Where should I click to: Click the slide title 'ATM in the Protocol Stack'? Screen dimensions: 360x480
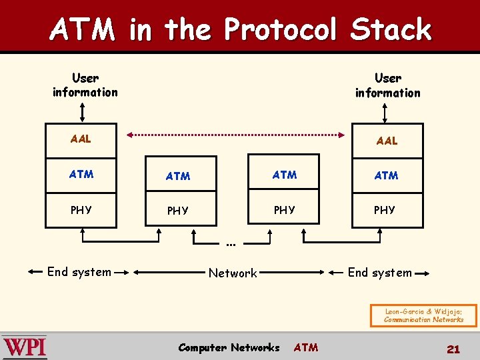pyautogui.click(x=240, y=29)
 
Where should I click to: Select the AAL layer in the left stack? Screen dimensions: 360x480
pyautogui.click(x=81, y=139)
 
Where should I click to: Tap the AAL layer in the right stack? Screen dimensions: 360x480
pyautogui.click(x=387, y=141)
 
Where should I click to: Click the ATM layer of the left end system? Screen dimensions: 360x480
pyautogui.click(x=81, y=175)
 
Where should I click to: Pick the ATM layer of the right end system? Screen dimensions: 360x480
pyautogui.click(x=387, y=175)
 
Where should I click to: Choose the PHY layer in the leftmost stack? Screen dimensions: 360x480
pyautogui.click(x=81, y=210)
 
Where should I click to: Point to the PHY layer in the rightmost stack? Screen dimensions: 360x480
pyautogui.click(x=385, y=210)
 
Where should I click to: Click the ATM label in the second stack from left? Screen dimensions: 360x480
pyautogui.click(x=178, y=176)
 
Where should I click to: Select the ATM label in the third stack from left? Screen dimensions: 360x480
pyautogui.click(x=285, y=175)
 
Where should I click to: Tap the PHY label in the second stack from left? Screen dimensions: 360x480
pyautogui.click(x=178, y=211)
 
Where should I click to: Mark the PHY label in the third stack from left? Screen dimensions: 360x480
pyautogui.click(x=285, y=210)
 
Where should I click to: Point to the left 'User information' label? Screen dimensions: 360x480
pyautogui.click(x=85, y=85)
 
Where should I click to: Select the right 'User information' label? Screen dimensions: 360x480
pyautogui.click(x=388, y=86)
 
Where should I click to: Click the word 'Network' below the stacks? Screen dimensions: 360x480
pyautogui.click(x=233, y=273)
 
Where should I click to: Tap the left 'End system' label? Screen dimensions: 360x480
pyautogui.click(x=79, y=272)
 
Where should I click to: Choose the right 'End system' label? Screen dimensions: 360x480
pyautogui.click(x=380, y=272)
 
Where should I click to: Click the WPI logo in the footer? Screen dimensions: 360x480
pyautogui.click(x=25, y=347)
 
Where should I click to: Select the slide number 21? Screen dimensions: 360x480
pyautogui.click(x=453, y=349)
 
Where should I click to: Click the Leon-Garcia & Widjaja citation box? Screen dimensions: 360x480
pyautogui.click(x=424, y=315)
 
